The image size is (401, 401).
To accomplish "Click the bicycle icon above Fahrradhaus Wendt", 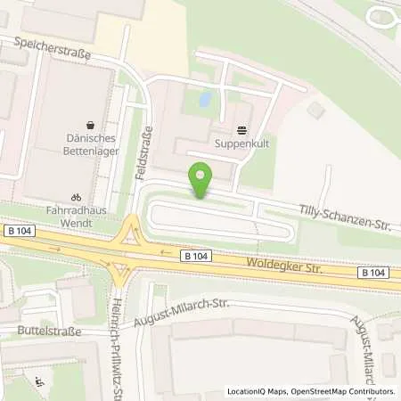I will pos(76,196).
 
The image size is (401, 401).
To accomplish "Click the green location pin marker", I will pos(202,180).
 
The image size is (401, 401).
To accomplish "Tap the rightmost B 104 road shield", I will pos(376,272).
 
